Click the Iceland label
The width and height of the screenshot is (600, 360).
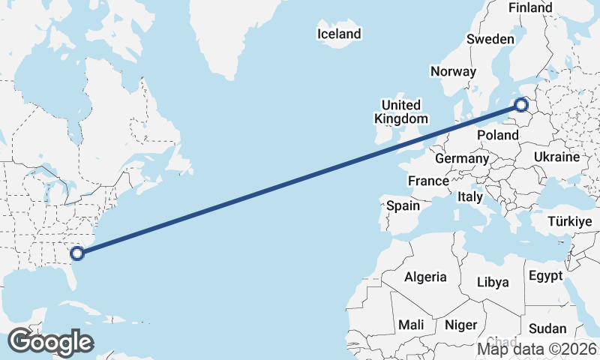point(339,34)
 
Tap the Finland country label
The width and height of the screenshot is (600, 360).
point(529,7)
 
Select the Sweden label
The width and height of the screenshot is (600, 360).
point(490,39)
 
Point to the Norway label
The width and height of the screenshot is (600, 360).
point(453,71)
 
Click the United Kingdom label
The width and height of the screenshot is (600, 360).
point(400,112)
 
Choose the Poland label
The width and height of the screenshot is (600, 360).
point(498,135)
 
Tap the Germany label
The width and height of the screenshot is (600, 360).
point(461,159)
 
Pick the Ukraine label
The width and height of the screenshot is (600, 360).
point(556,157)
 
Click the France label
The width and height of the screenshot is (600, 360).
point(428,181)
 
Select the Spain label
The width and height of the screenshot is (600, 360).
point(403,205)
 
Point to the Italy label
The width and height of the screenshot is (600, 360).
point(469,196)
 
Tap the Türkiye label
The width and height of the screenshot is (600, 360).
point(570,222)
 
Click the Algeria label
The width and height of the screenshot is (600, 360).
point(425,277)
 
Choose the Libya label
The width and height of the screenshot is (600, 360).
point(493,282)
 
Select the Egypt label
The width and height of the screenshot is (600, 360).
point(545,275)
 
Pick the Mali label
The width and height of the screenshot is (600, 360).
point(410,325)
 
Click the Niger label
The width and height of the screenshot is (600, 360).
point(460,325)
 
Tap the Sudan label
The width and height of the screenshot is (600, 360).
point(547,328)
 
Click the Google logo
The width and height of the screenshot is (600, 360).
point(49,342)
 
